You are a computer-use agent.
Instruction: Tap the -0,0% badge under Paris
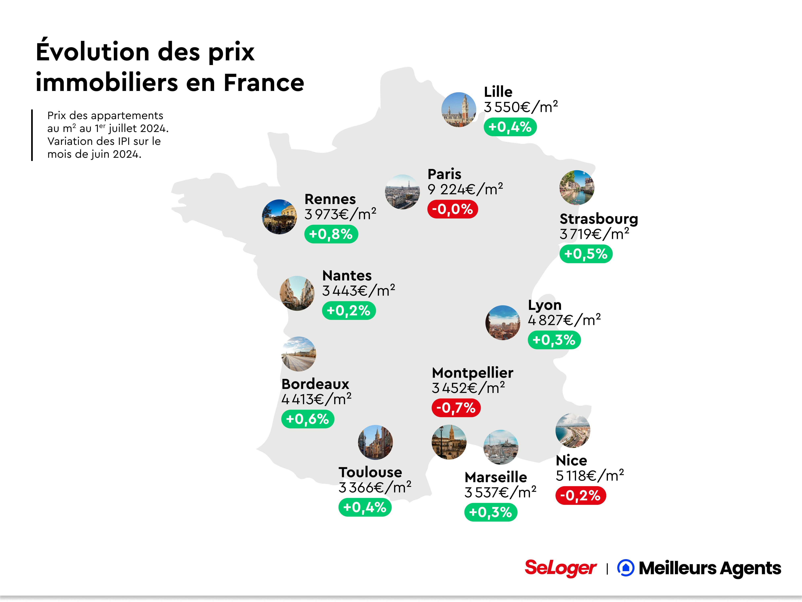pyautogui.click(x=453, y=209)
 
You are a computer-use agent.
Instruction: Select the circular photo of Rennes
pyautogui.click(x=279, y=217)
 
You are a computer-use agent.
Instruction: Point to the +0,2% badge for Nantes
pyautogui.click(x=348, y=311)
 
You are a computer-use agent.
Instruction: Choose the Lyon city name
pyautogui.click(x=545, y=305)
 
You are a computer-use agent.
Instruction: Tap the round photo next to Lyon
pyautogui.click(x=502, y=323)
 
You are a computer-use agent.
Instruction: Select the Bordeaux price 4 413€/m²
pyautogui.click(x=316, y=399)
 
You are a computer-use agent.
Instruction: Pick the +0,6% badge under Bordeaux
pyautogui.click(x=307, y=419)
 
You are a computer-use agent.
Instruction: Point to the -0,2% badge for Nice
pyautogui.click(x=580, y=495)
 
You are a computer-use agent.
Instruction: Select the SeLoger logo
pyautogui.click(x=560, y=568)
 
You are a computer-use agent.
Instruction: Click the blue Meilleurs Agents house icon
pyautogui.click(x=625, y=568)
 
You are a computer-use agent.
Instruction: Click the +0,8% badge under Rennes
pyautogui.click(x=331, y=234)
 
